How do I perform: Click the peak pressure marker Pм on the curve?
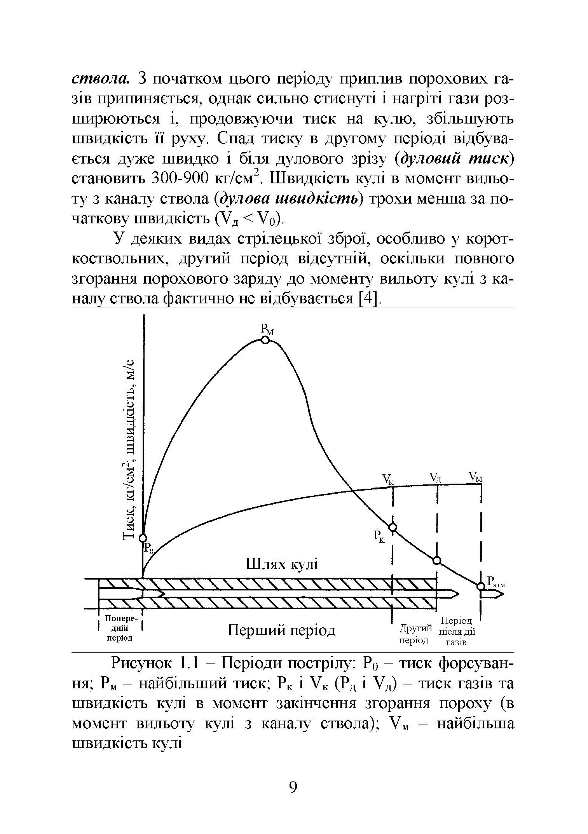click(265, 340)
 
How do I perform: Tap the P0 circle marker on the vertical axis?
click(143, 538)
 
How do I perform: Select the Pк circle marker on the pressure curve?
click(393, 527)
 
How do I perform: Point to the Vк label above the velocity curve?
click(388, 479)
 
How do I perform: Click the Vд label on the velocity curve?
click(435, 477)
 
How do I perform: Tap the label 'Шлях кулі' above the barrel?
click(282, 564)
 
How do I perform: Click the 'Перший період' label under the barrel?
click(281, 630)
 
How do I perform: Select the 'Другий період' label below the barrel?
click(415, 634)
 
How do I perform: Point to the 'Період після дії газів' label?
click(457, 632)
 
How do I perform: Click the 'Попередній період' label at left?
click(120, 628)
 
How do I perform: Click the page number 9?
click(293, 787)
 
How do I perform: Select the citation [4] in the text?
click(368, 299)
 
